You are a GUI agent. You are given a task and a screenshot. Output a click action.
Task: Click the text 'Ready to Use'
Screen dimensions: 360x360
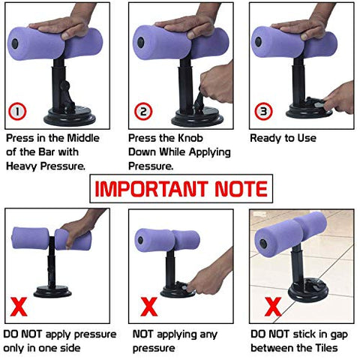(x=283, y=138)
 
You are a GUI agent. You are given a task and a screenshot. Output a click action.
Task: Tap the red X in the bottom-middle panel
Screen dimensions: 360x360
(x=149, y=307)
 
